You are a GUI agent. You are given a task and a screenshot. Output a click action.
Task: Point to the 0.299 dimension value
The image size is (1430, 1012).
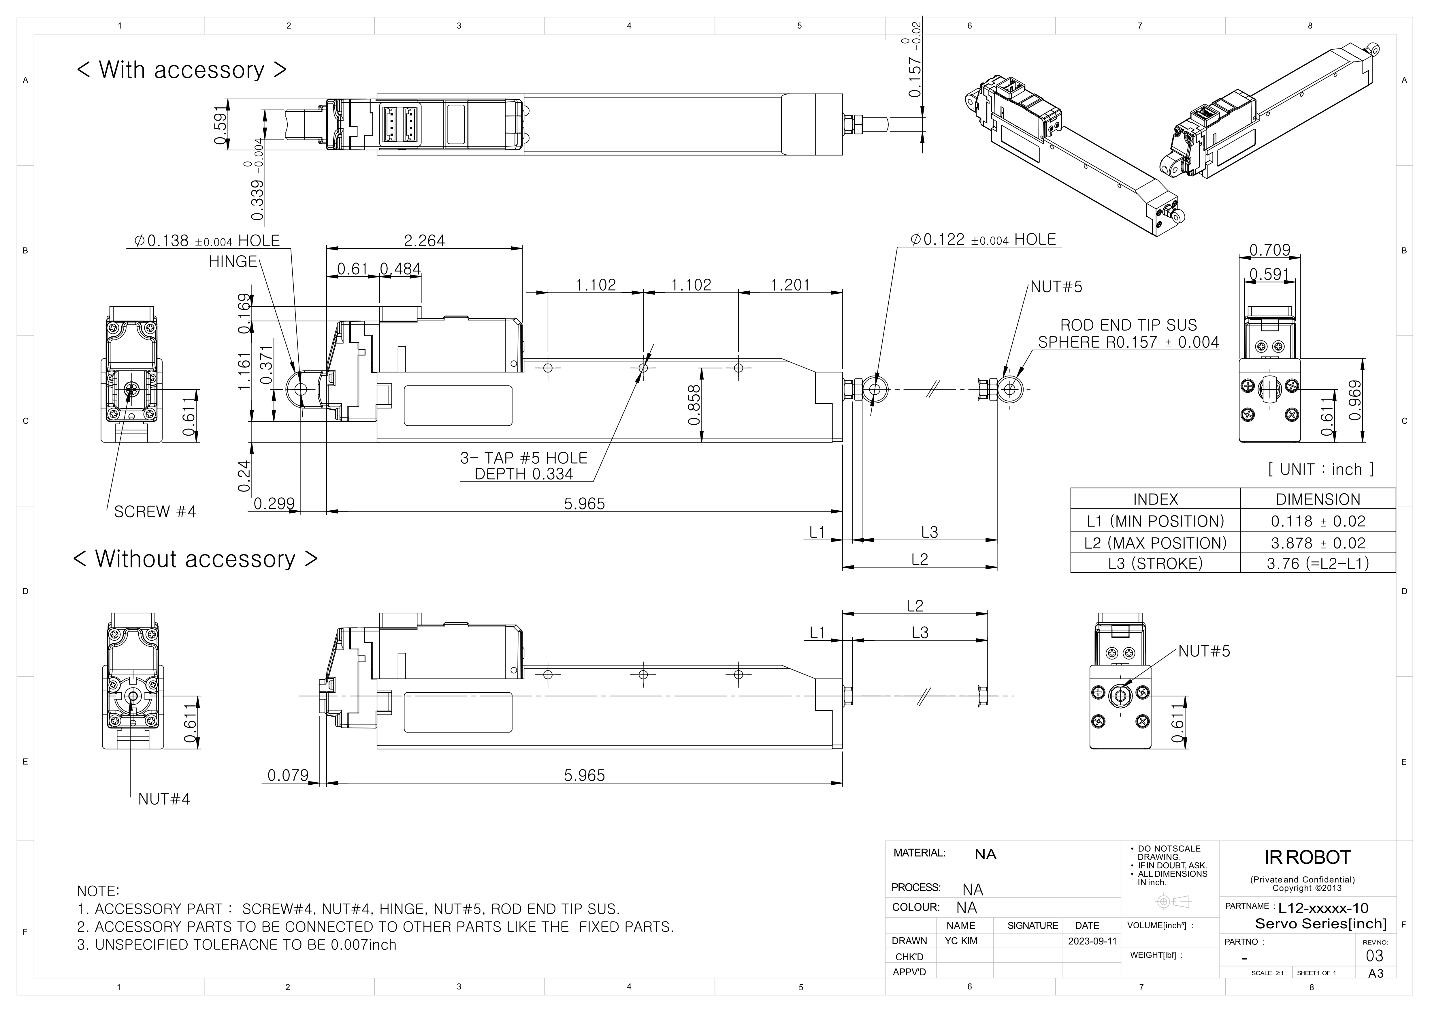click(274, 503)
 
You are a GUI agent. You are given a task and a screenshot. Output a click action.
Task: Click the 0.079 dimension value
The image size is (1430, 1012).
click(288, 775)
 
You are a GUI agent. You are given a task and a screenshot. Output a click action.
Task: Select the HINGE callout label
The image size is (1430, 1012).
click(233, 262)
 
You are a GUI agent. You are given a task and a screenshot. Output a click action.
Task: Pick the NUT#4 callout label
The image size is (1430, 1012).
click(164, 799)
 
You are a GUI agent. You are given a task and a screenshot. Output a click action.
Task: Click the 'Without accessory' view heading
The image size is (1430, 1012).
click(195, 559)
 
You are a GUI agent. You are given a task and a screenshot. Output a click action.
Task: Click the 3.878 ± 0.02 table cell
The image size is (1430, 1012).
click(1318, 543)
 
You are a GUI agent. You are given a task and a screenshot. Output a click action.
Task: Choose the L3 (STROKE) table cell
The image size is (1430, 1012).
click(1155, 563)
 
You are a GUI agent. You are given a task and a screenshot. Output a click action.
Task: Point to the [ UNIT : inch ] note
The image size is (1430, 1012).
click(1320, 469)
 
